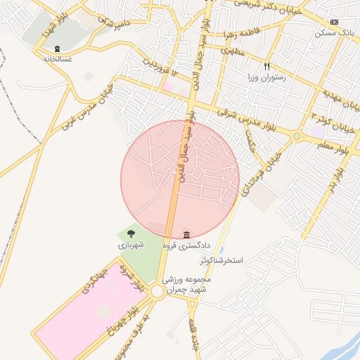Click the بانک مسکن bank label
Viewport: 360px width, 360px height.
(x=335, y=33)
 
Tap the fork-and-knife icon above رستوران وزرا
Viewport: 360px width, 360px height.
(x=266, y=66)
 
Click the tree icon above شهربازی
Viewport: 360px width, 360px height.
(x=131, y=233)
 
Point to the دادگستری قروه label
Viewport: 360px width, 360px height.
(x=186, y=245)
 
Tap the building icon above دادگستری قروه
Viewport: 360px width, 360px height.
(x=186, y=234)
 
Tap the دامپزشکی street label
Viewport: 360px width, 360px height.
(x=108, y=25)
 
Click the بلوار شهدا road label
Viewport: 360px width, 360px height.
(x=53, y=24)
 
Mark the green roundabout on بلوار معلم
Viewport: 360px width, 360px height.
(x=297, y=136)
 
